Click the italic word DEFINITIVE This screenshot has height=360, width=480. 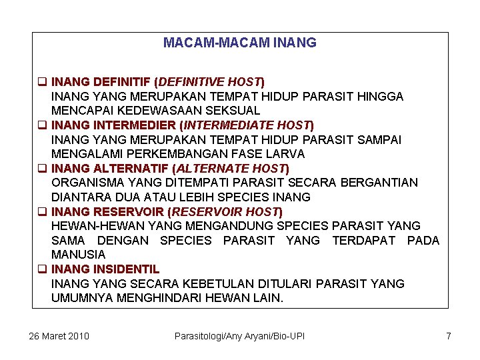point(190,82)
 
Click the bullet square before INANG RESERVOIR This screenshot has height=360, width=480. point(41,212)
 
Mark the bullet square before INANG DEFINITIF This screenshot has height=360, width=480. point(41,83)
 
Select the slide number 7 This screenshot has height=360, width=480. point(449,336)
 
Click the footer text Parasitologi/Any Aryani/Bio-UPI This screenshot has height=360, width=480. point(239,336)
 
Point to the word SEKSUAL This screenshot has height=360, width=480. point(233,111)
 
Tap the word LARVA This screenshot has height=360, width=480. point(287,154)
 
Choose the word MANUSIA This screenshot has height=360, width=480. point(78,255)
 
